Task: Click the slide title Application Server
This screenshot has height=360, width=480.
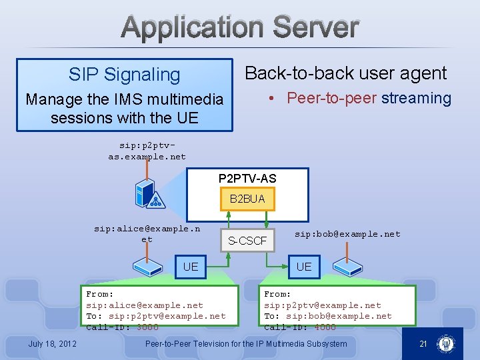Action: point(241,28)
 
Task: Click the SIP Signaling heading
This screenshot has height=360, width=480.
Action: point(124,75)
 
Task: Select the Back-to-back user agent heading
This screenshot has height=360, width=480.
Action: point(346,73)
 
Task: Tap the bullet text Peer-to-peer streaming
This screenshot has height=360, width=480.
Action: point(369,98)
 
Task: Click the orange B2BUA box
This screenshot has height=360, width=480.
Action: point(247,199)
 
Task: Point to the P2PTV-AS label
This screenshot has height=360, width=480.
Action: point(247,179)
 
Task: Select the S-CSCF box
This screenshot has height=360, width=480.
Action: point(247,241)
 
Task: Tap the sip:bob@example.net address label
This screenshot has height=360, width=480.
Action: point(347,234)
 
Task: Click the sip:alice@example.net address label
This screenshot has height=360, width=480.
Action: point(147,233)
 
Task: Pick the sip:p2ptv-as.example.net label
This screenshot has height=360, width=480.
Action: point(147,151)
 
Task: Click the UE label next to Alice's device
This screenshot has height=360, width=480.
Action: point(191,267)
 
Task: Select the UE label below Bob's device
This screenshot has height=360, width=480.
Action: point(303,267)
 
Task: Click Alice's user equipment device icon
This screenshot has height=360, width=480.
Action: point(147,267)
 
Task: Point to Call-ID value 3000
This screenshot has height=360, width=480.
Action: point(147,327)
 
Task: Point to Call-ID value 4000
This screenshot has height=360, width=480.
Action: point(324,327)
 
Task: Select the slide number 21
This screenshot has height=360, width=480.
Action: point(422,344)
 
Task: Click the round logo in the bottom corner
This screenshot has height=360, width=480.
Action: point(446,344)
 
